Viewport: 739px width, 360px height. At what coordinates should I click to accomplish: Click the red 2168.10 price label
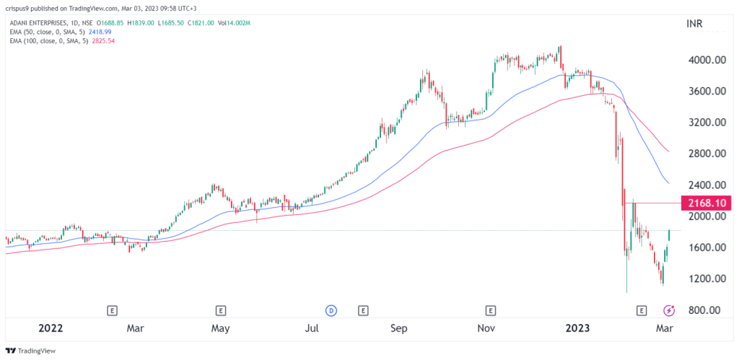point(707,203)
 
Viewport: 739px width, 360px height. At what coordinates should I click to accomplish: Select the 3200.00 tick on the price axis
point(706,123)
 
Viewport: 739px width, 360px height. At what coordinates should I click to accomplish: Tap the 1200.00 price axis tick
point(706,279)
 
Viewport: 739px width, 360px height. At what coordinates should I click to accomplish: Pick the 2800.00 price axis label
point(706,154)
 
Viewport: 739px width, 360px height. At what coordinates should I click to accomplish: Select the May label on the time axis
point(220,328)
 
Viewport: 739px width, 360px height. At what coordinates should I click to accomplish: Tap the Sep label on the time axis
point(400,328)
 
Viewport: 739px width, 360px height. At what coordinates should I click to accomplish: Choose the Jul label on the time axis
point(312,328)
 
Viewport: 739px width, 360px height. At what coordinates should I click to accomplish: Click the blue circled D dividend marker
point(331,310)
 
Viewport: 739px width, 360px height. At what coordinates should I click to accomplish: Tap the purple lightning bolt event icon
point(669,310)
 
